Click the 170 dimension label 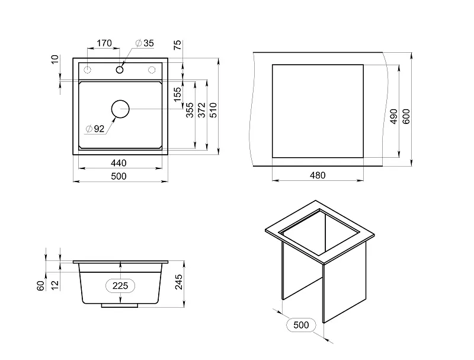[x=104, y=43]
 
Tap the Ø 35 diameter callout [x=145, y=43]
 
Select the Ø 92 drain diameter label [x=95, y=129]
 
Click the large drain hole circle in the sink [x=120, y=109]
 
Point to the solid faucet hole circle [x=120, y=70]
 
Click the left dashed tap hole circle [x=87, y=70]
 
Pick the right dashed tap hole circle [x=152, y=70]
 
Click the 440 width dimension [x=118, y=163]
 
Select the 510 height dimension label [x=213, y=110]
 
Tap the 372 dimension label [x=201, y=110]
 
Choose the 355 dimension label [x=190, y=110]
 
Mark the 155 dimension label [x=177, y=94]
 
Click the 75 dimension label [x=177, y=44]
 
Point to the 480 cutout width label [x=318, y=175]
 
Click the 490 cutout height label [x=393, y=116]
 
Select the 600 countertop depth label [x=406, y=116]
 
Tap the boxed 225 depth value [x=120, y=286]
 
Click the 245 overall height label [x=179, y=282]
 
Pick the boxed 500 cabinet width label [x=301, y=325]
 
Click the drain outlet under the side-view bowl [x=120, y=305]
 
